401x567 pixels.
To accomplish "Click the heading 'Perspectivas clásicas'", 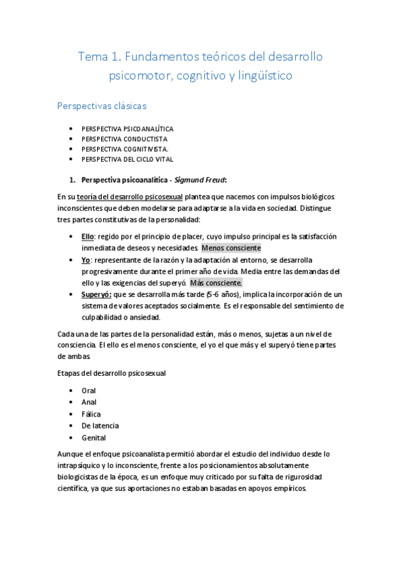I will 102,106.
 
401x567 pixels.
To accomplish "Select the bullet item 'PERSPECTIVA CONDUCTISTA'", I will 125,138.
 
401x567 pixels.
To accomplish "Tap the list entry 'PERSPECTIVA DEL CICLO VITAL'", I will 127,159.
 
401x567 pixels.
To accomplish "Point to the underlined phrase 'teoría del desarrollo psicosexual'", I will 130,197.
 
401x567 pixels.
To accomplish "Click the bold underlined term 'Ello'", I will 88,237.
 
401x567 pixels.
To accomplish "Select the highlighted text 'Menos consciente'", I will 232,247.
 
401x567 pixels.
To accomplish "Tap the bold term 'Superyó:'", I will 96,295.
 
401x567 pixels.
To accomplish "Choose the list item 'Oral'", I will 88,390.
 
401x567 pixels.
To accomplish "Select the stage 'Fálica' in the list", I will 91,414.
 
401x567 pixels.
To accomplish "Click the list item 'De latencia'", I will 100,426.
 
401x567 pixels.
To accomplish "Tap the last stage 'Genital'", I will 94,438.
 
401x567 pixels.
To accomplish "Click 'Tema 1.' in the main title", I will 99,57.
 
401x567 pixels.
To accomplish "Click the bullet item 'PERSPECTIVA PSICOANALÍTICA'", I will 127,128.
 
